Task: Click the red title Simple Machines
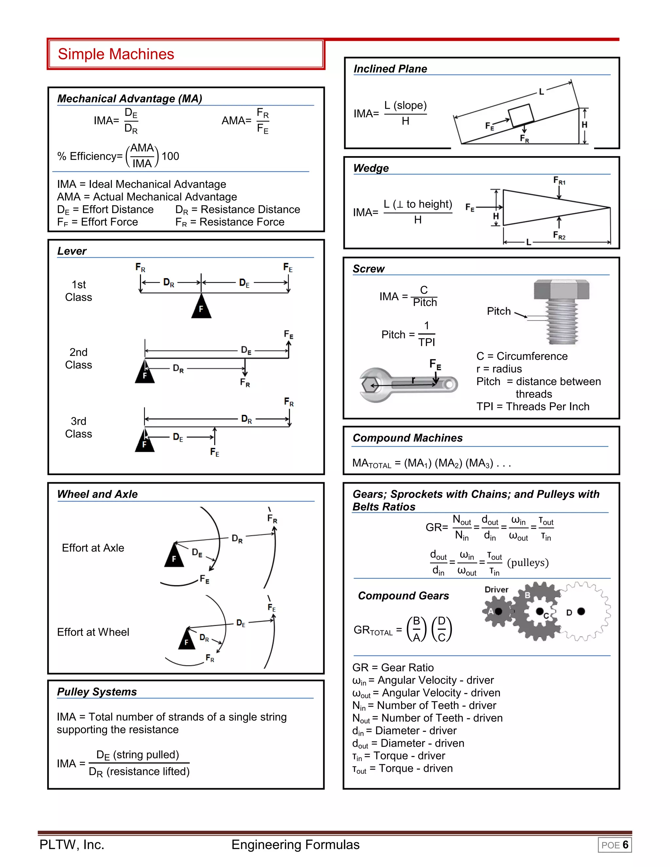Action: click(x=116, y=54)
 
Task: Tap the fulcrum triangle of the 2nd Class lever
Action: click(x=145, y=373)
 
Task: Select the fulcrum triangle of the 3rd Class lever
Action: click(x=145, y=442)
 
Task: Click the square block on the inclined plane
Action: click(x=521, y=115)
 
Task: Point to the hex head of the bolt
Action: click(x=562, y=290)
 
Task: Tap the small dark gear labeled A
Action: click(x=495, y=611)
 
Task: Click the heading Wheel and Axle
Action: click(x=97, y=494)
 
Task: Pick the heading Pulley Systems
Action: click(x=97, y=692)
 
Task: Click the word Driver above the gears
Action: click(x=496, y=590)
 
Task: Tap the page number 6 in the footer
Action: click(x=625, y=845)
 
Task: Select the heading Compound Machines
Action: click(x=408, y=438)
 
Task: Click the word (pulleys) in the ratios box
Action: click(x=528, y=562)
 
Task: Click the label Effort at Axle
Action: click(x=93, y=548)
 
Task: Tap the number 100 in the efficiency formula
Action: click(x=170, y=156)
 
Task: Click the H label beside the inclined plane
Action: click(x=584, y=125)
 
